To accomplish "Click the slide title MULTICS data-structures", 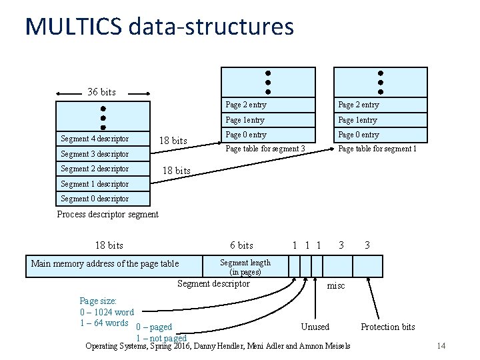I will pyautogui.click(x=159, y=27).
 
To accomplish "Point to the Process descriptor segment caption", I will pyautogui.click(x=108, y=214).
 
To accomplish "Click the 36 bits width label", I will pyautogui.click(x=101, y=91).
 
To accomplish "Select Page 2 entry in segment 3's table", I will pyautogui.click(x=246, y=105).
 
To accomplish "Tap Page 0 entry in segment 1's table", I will pyautogui.click(x=359, y=135).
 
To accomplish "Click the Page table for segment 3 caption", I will pyautogui.click(x=265, y=149).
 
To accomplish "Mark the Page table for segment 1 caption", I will pyautogui.click(x=377, y=149).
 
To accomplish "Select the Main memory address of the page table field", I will pyautogui.click(x=105, y=264).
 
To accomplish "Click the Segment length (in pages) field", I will pyautogui.click(x=245, y=267).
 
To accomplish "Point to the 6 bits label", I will pyautogui.click(x=241, y=245).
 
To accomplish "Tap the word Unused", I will pyautogui.click(x=315, y=327).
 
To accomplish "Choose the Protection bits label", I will pyautogui.click(x=387, y=327).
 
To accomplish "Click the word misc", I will pyautogui.click(x=335, y=285).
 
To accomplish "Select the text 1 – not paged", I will pyautogui.click(x=161, y=338).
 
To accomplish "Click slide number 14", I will pyautogui.click(x=441, y=345).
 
